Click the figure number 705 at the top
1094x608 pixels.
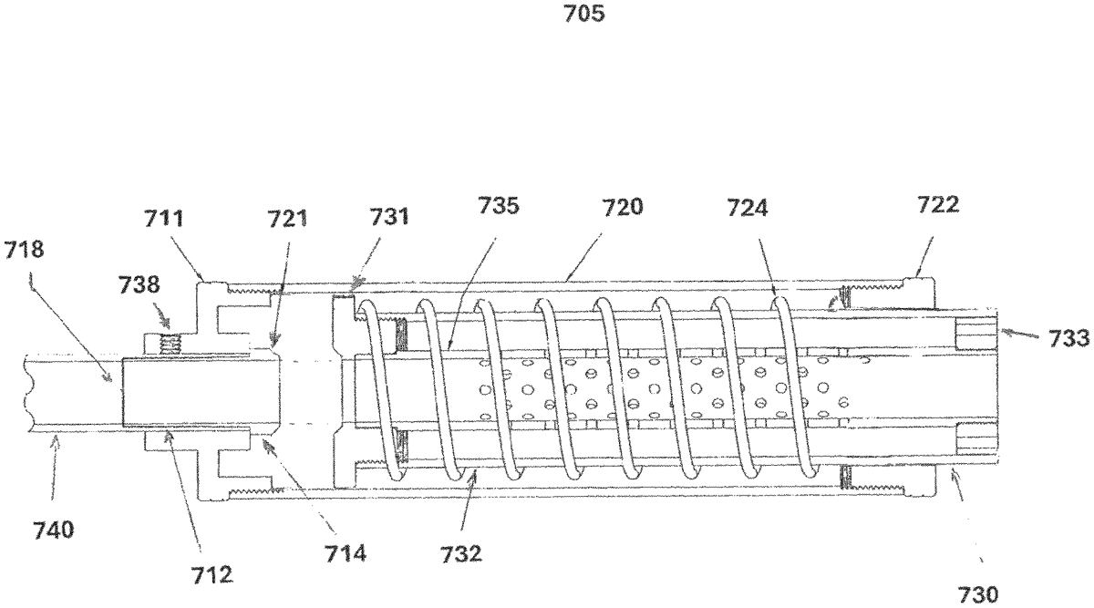(584, 14)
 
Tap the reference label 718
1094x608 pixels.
(24, 250)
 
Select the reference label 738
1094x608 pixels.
(139, 284)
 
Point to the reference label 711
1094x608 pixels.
(163, 218)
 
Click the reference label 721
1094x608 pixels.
(288, 218)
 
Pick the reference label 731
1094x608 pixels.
(389, 216)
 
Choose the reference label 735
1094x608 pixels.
(498, 206)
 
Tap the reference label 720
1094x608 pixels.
(622, 207)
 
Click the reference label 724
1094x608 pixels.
(748, 208)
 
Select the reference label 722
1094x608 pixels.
(938, 204)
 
